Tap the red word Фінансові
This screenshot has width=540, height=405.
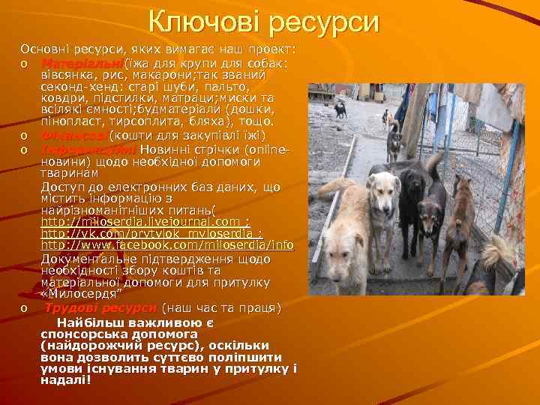(x=74, y=136)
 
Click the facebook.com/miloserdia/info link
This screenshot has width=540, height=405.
(x=166, y=245)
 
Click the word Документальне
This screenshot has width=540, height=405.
(x=90, y=258)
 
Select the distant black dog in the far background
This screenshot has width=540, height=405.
(x=340, y=109)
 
